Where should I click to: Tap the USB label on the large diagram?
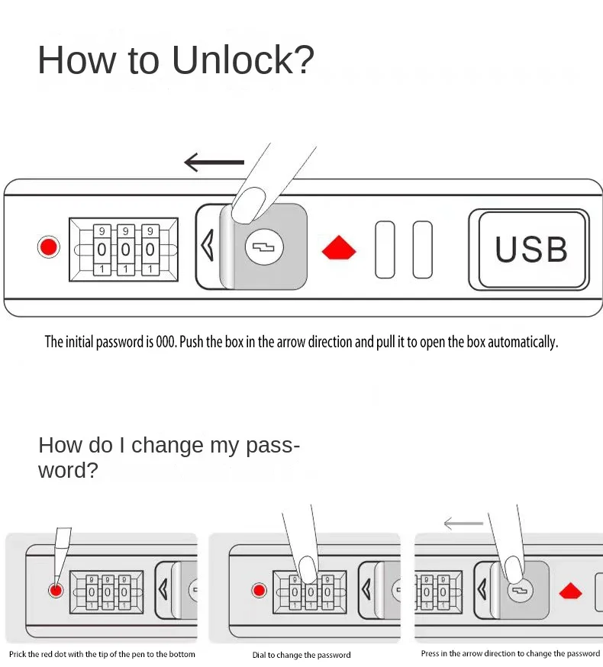[x=531, y=250]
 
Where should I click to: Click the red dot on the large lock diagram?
[x=49, y=247]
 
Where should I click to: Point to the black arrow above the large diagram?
[x=214, y=162]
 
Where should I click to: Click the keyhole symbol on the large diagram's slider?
[x=264, y=247]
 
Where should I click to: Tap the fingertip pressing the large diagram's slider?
[x=248, y=205]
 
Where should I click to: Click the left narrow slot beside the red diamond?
[x=385, y=250]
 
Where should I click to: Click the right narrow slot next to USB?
[x=422, y=250]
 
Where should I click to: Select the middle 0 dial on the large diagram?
[x=125, y=250]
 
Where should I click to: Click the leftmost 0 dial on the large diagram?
[x=102, y=250]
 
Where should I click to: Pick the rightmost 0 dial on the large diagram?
[x=150, y=250]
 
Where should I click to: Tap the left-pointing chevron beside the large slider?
[x=207, y=247]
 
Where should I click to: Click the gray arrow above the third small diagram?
[x=463, y=524]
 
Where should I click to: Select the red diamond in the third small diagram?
[x=570, y=591]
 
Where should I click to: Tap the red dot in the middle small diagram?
[x=260, y=590]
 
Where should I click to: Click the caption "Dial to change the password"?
[x=301, y=655]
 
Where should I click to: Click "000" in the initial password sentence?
[x=166, y=342]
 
